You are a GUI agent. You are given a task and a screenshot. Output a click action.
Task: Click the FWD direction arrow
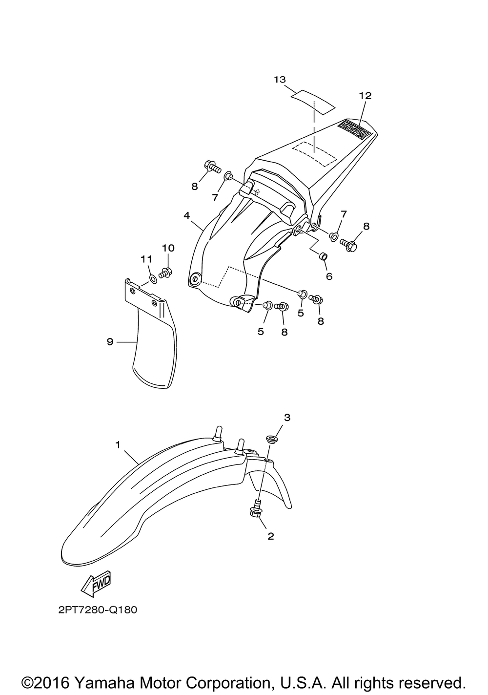[96, 583]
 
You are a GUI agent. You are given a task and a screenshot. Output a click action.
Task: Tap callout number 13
[280, 80]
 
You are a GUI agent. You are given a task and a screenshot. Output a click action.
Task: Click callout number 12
[366, 96]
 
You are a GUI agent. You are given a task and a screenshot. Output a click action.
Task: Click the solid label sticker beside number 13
[313, 103]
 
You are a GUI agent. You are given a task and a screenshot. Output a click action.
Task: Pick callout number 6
[329, 276]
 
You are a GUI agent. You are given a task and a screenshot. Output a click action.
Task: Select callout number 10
[168, 248]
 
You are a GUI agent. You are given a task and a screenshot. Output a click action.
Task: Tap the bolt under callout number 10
[165, 273]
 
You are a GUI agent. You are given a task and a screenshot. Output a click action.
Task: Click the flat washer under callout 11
[153, 279]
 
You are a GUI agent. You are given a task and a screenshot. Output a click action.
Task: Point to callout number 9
[110, 342]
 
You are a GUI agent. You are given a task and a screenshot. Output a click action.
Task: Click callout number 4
[186, 215]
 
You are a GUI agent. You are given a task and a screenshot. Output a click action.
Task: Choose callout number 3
[287, 418]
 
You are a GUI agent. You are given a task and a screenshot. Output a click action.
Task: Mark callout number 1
[118, 444]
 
